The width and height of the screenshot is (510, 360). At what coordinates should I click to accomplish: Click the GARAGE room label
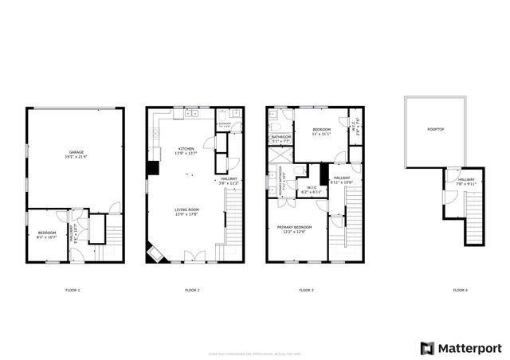pos(76,153)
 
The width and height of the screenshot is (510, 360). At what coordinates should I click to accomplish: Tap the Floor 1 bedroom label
pos(46,234)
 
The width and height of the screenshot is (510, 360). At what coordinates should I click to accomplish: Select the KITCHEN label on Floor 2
pos(186,151)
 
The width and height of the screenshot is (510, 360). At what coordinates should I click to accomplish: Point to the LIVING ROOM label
pos(186,211)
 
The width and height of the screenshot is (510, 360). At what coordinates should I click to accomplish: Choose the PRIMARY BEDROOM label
pos(294,229)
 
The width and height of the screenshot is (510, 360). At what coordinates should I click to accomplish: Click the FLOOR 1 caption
pos(73,290)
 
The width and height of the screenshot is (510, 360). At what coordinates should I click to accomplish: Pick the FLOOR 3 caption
pos(306,290)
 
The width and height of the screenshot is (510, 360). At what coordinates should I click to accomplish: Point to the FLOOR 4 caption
pos(460,290)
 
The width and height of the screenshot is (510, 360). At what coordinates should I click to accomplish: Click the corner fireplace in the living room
pos(152,253)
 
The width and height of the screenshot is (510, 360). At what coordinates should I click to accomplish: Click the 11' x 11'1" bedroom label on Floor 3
pos(321,131)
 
